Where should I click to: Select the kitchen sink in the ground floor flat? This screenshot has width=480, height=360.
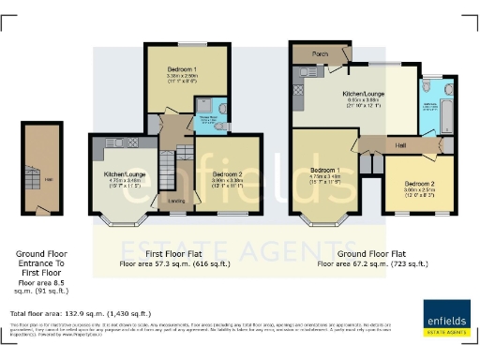coord(297,92)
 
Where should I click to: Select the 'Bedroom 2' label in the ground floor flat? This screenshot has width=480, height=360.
coord(419,184)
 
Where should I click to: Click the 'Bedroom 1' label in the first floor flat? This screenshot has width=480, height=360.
coord(184,69)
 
